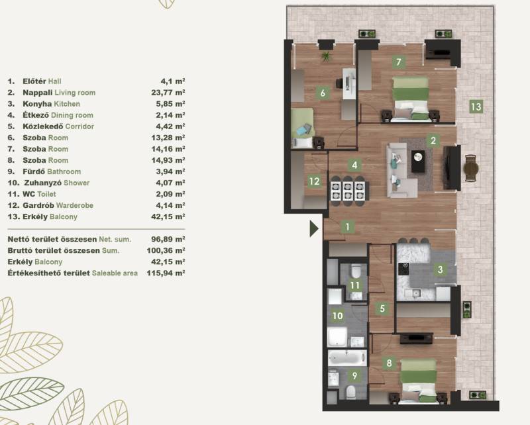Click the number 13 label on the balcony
click(x=476, y=107)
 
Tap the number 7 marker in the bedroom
click(x=399, y=62)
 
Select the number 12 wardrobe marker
click(x=314, y=181)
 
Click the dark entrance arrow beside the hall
click(x=314, y=228)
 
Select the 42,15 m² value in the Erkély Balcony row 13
click(x=168, y=216)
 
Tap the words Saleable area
click(x=115, y=273)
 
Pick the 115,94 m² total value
click(x=166, y=273)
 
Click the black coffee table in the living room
click(x=419, y=162)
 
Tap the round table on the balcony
click(x=470, y=168)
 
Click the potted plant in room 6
click(x=326, y=56)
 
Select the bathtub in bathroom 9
click(x=347, y=358)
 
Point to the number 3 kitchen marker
click(x=440, y=269)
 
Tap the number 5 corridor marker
click(x=382, y=308)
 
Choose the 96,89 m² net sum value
click(x=168, y=239)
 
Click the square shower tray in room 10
click(x=337, y=337)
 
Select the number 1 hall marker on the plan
click(x=348, y=226)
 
